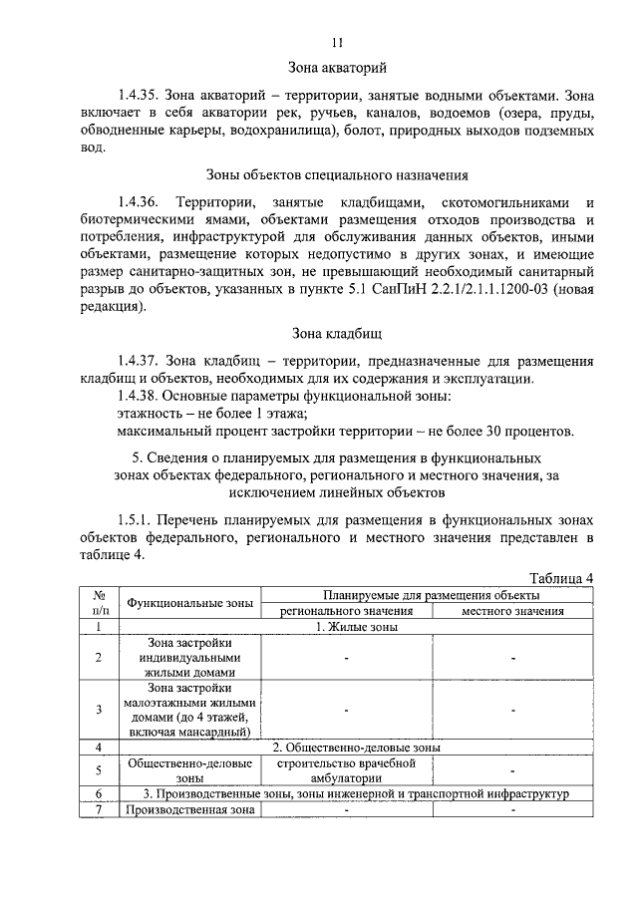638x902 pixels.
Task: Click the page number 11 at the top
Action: pos(337,41)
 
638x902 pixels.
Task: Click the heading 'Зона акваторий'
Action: pos(337,68)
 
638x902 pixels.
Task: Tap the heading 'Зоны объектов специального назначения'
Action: pos(337,175)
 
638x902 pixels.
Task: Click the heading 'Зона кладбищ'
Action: pos(337,334)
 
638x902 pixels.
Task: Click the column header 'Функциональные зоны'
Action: pos(189,603)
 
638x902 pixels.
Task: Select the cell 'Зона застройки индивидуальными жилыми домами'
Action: pos(189,658)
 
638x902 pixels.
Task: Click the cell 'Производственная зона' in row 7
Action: pos(189,809)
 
